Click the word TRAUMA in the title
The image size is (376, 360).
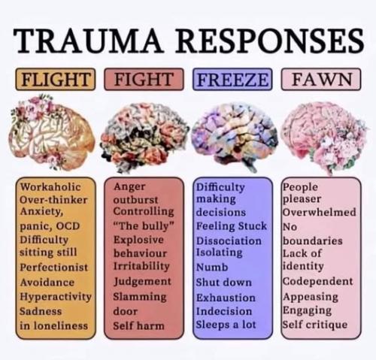[87, 41]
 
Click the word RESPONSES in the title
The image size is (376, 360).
[270, 41]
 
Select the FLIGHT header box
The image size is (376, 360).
[56, 79]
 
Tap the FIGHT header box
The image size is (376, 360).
[144, 79]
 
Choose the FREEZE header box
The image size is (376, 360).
[232, 79]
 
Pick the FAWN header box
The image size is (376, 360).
[321, 79]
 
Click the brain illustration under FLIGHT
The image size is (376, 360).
[51, 133]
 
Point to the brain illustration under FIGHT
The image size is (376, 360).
[144, 138]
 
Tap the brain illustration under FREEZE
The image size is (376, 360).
[235, 138]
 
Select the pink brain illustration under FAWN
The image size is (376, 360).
[324, 138]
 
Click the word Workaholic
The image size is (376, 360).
[50, 187]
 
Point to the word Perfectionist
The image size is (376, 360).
[54, 267]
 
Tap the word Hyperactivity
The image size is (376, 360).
[56, 297]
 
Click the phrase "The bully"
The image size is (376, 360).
[144, 226]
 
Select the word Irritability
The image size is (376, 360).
[141, 266]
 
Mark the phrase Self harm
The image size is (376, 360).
[138, 325]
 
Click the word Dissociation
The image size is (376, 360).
[229, 241]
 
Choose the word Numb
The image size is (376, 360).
[212, 267]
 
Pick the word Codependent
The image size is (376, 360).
[318, 281]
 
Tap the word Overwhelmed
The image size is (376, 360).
[320, 212]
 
